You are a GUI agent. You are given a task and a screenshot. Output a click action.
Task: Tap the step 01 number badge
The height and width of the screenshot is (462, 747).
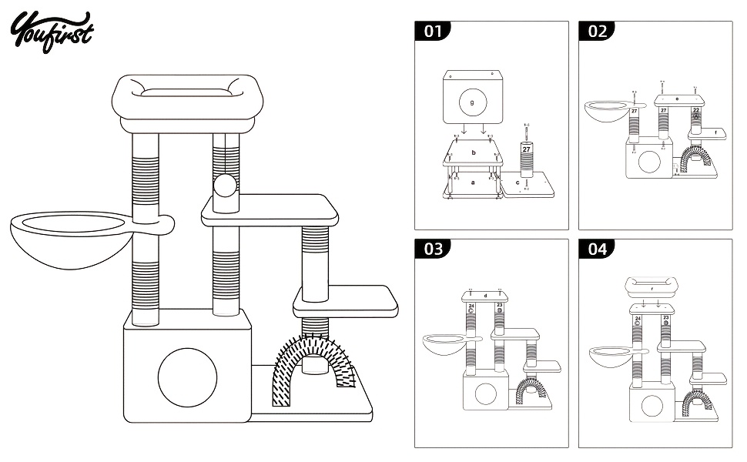433,31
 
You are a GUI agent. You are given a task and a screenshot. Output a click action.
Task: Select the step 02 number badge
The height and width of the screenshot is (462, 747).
597,31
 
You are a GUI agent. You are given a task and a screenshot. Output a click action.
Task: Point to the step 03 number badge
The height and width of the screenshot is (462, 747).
433,249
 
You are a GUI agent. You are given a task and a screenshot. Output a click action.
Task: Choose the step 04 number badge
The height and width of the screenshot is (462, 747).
597,249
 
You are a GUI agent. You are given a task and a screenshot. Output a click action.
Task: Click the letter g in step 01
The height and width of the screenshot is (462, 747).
472,102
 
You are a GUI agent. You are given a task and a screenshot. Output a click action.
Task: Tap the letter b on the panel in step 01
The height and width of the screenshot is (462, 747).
474,153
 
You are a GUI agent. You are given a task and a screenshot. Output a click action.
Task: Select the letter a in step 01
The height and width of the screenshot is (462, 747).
474,182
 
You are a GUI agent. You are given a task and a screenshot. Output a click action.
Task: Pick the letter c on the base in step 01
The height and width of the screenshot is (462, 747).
518,182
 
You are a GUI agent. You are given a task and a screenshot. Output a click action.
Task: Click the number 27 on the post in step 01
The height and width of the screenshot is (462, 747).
527,149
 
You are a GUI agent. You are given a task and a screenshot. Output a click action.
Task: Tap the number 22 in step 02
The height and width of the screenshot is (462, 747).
696,111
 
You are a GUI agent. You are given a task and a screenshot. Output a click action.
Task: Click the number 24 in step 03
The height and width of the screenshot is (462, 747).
471,306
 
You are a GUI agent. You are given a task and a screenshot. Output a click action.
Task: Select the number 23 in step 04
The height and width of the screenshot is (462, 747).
665,317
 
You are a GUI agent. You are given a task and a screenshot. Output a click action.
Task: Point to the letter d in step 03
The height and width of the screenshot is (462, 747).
485,295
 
